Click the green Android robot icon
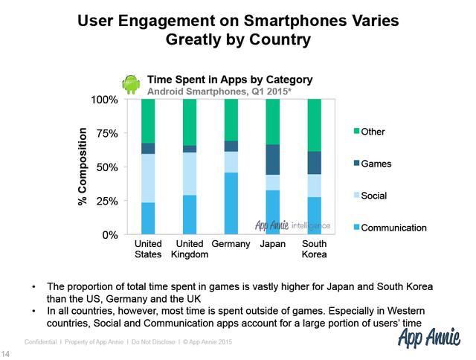132,84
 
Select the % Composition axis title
84,167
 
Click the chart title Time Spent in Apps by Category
229,79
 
